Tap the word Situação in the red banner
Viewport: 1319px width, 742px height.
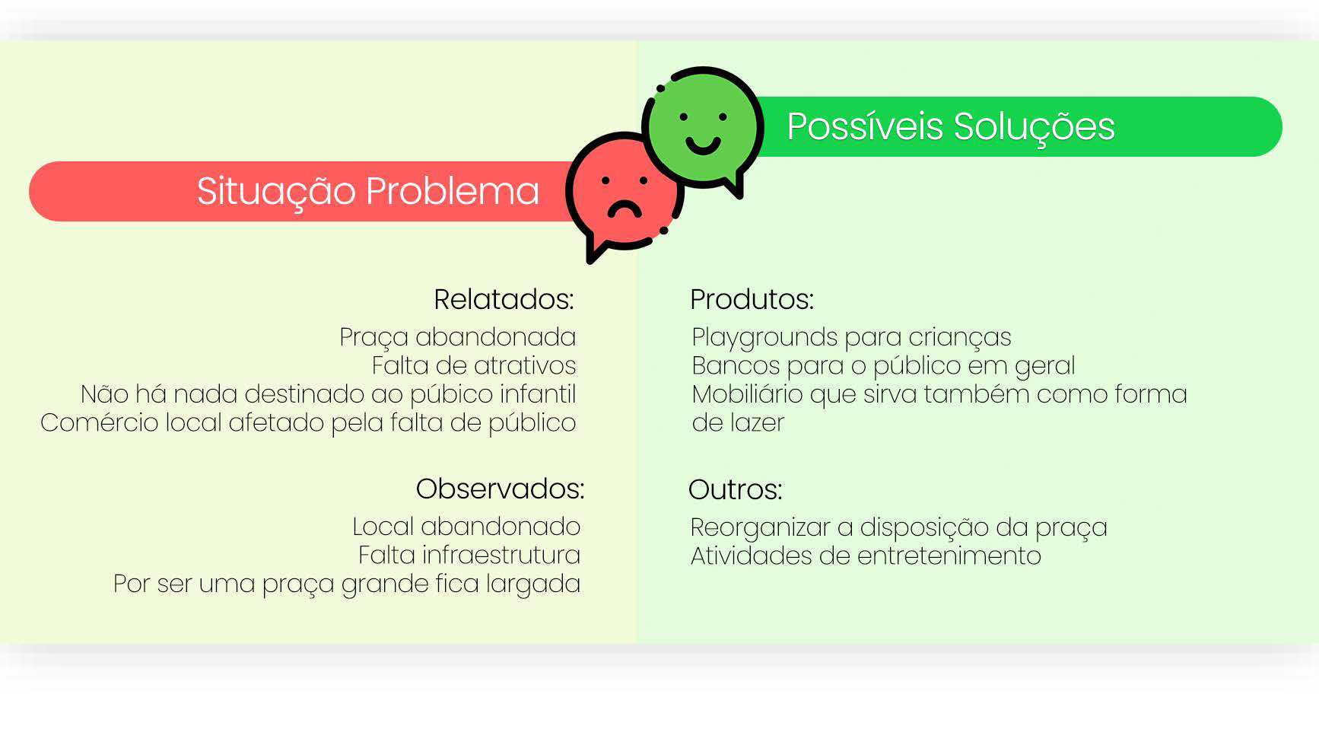tap(276, 192)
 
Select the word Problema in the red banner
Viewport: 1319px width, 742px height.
tap(453, 191)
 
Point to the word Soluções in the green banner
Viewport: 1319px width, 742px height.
tap(1034, 128)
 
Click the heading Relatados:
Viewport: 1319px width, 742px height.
tap(504, 299)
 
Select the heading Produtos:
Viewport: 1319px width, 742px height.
tap(752, 299)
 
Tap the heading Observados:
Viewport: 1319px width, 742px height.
tap(500, 489)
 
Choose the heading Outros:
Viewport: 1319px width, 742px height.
tap(735, 489)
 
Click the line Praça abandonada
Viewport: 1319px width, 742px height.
tap(457, 337)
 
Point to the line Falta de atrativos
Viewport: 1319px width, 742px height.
tap(473, 365)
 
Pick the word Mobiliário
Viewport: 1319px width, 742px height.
tap(747, 394)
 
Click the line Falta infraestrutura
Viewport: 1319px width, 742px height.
tap(469, 555)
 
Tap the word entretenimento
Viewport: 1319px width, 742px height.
tap(949, 556)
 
